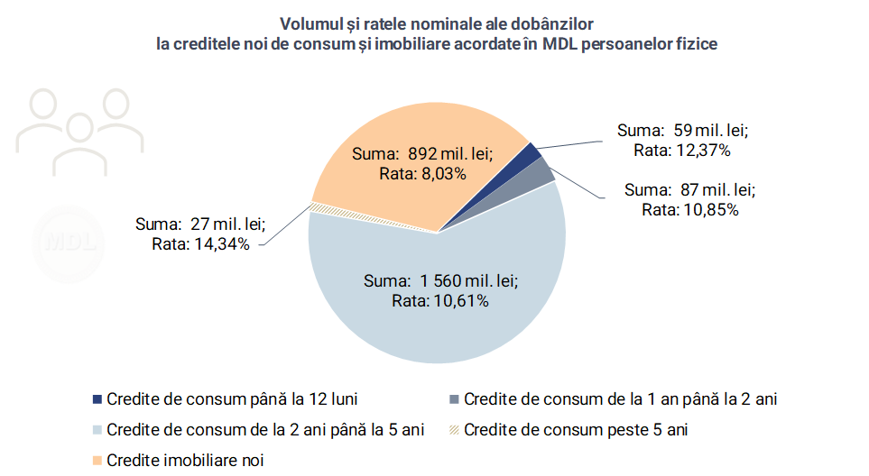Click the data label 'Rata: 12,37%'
tap(682, 150)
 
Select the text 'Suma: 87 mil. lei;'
tap(689, 190)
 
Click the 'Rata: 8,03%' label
tap(421, 173)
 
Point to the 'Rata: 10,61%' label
tap(440, 301)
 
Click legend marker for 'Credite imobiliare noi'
tap(97, 459)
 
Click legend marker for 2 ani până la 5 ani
tap(97, 429)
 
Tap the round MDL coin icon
tap(69, 240)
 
